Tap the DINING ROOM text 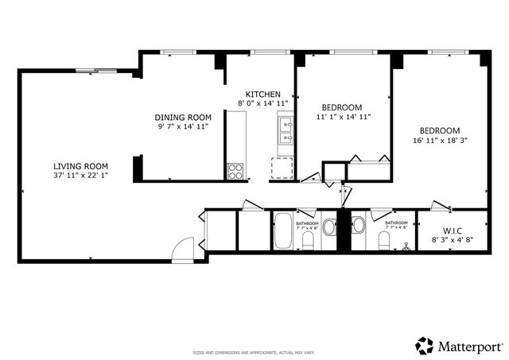(183, 117)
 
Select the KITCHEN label (262, 94)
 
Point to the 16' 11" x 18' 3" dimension (440, 141)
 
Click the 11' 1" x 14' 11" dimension (342, 117)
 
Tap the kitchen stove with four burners (236, 170)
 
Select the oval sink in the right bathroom (357, 225)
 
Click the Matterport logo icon (425, 346)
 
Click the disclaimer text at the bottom (254, 351)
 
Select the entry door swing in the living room (183, 248)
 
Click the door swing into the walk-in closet (441, 207)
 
